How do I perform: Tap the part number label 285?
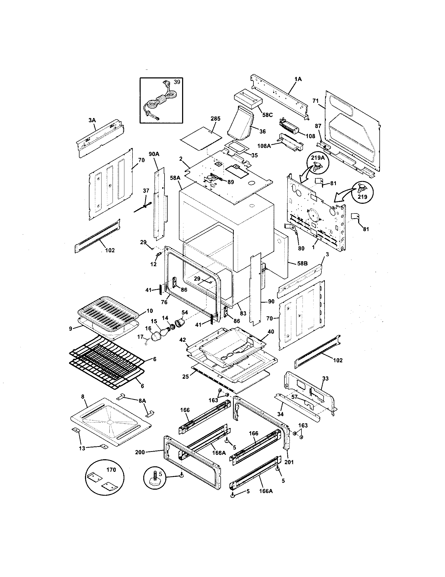click(215, 119)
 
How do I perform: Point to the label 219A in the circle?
click(318, 158)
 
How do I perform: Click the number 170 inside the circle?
click(111, 470)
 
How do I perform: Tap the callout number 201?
click(289, 462)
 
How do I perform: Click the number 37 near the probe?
click(146, 190)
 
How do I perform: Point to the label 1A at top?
click(298, 79)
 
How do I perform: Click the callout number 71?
click(316, 101)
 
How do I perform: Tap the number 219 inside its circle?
click(363, 196)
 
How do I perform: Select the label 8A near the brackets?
click(142, 401)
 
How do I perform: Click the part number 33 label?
click(325, 378)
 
